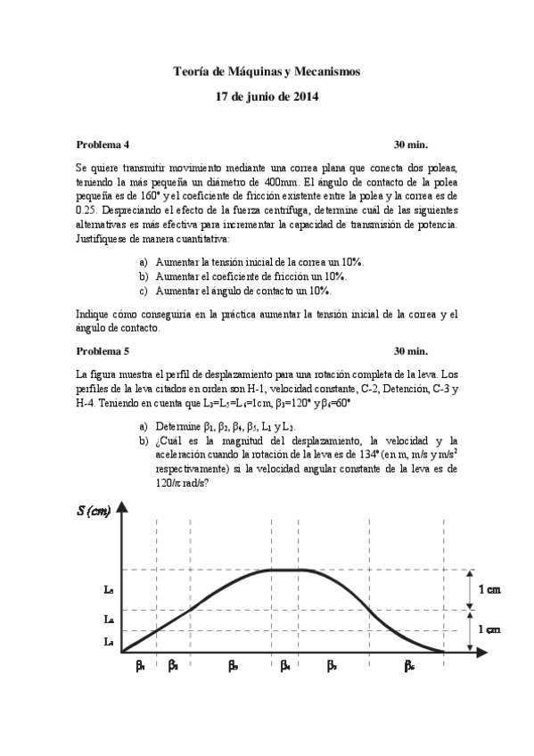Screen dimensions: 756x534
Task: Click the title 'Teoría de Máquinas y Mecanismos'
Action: tap(267, 71)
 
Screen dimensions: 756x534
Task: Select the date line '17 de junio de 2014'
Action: tap(267, 96)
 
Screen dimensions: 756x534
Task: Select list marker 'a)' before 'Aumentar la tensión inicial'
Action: tap(144, 263)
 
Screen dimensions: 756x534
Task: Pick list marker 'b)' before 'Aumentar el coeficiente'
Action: tap(144, 276)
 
